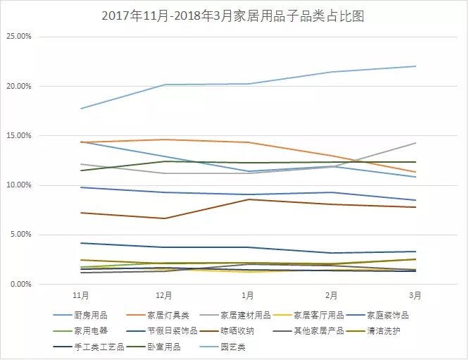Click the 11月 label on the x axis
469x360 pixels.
pyautogui.click(x=81, y=295)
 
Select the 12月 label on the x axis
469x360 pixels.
pyautogui.click(x=164, y=295)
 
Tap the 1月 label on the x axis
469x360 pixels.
pyautogui.click(x=248, y=295)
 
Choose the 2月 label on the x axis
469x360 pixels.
pyautogui.click(x=332, y=295)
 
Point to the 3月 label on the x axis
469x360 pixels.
pyautogui.click(x=415, y=295)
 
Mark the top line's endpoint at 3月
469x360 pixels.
pyautogui.click(x=415, y=66)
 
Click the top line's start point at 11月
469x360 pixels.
pyautogui.click(x=81, y=108)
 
